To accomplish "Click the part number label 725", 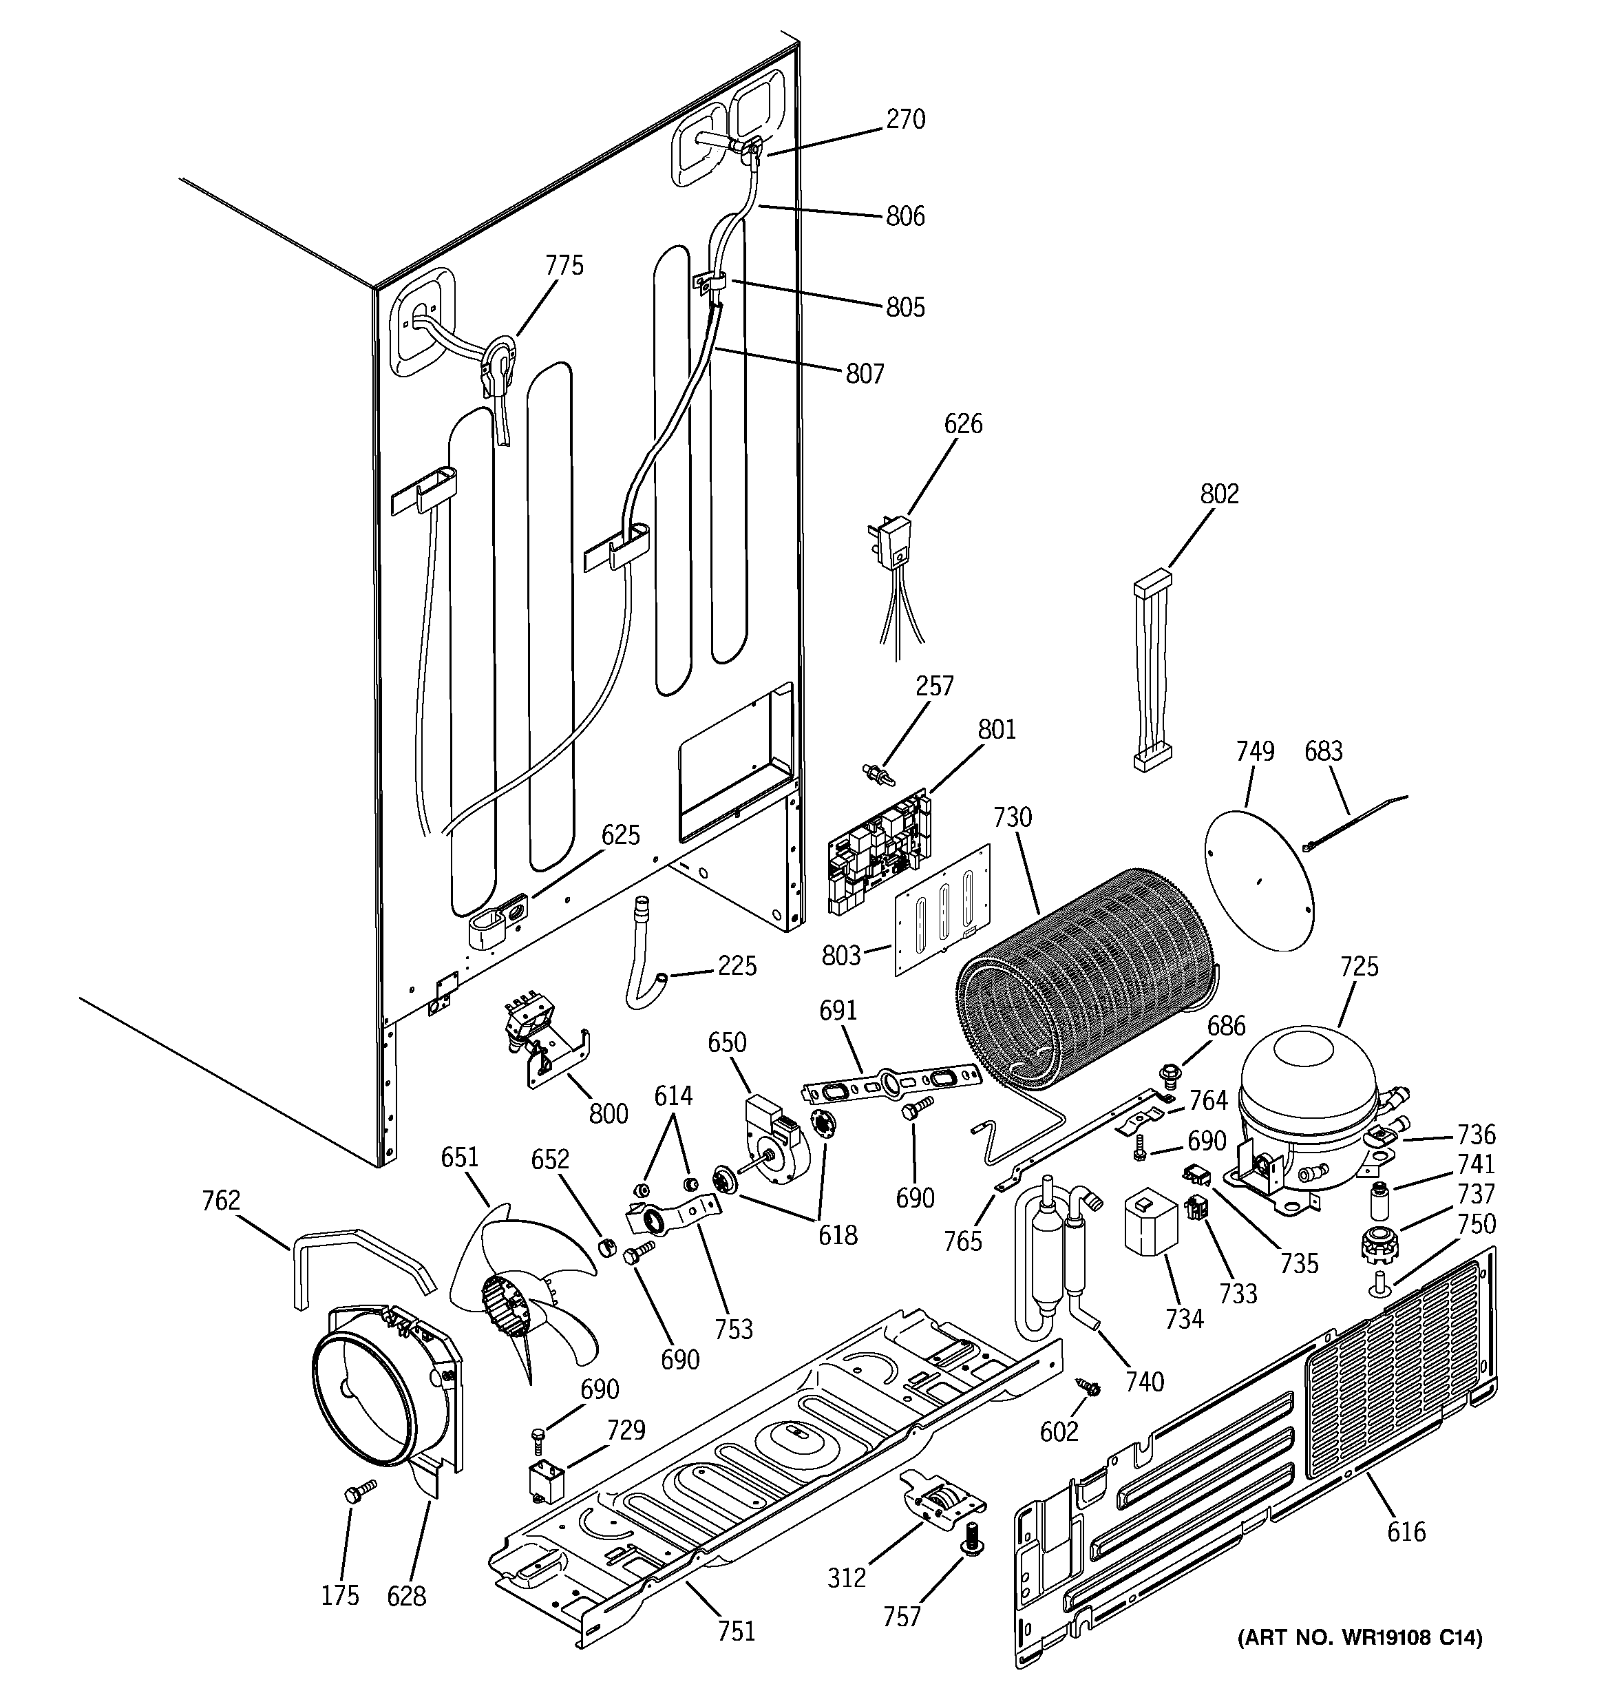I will pyautogui.click(x=1359, y=967).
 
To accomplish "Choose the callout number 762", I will pyautogui.click(x=220, y=1201).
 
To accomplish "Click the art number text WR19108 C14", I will pyautogui.click(x=1360, y=1638).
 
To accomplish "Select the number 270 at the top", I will pyautogui.click(x=905, y=119).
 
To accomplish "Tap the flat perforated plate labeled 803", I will pyautogui.click(x=941, y=910).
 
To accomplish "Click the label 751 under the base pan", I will pyautogui.click(x=737, y=1630).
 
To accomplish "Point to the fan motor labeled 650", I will pyautogui.click(x=772, y=1140).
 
